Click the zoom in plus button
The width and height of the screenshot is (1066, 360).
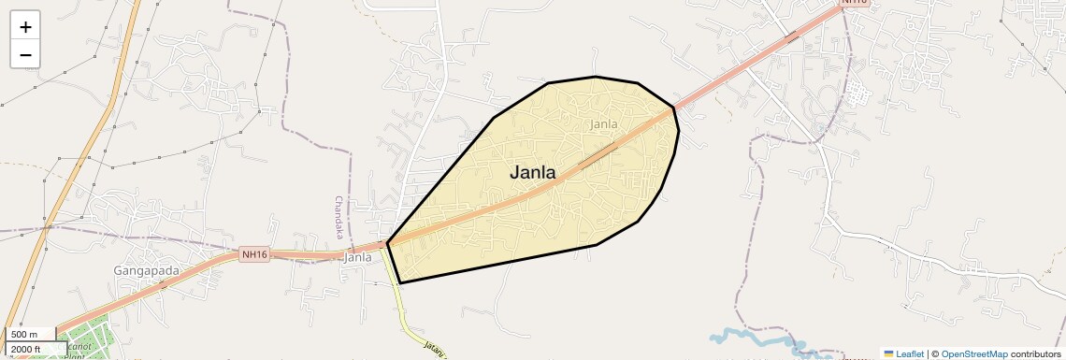(x=25, y=27)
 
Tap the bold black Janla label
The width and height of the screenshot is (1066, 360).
(x=532, y=172)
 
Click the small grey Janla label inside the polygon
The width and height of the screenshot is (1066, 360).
(x=604, y=123)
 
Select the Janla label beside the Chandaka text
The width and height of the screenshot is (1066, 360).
(x=358, y=257)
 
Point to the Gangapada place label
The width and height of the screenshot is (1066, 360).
(x=146, y=270)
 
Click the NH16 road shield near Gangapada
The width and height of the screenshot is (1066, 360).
(x=254, y=254)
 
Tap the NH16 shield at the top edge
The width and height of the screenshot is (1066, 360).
(x=854, y=3)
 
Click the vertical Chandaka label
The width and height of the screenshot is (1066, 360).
(x=339, y=217)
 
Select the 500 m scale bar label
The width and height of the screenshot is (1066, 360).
(x=25, y=334)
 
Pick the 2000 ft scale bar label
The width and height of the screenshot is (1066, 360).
(x=26, y=349)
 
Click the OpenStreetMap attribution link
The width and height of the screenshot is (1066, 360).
(x=973, y=353)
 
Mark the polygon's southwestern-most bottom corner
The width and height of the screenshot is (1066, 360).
(x=400, y=282)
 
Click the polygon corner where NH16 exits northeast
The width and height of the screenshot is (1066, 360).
(x=673, y=108)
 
